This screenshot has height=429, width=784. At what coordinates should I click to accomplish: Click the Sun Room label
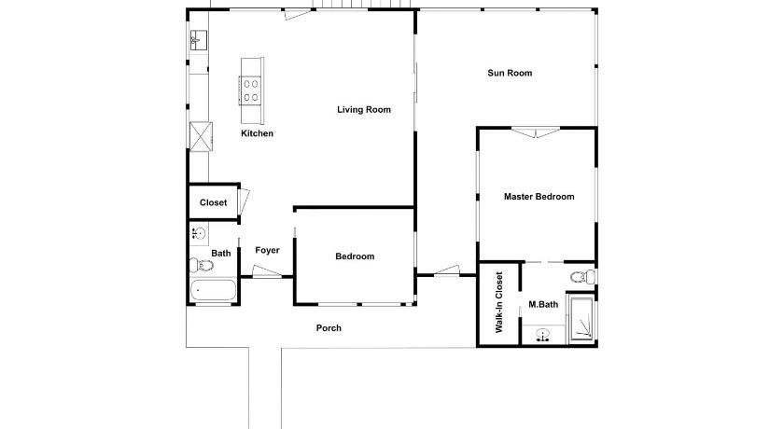pyautogui.click(x=510, y=73)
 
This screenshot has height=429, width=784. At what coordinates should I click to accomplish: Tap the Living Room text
pyautogui.click(x=363, y=110)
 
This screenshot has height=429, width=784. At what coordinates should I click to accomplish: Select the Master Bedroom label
pyautogui.click(x=539, y=197)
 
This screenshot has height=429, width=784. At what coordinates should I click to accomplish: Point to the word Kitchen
pyautogui.click(x=257, y=133)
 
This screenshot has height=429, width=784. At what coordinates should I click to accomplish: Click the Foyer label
pyautogui.click(x=267, y=250)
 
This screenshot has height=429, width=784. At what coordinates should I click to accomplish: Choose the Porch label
pyautogui.click(x=329, y=328)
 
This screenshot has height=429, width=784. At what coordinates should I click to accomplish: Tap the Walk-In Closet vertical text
pyautogui.click(x=499, y=302)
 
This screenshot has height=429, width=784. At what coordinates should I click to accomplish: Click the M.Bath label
pyautogui.click(x=543, y=304)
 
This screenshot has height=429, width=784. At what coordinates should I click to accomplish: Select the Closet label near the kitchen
pyautogui.click(x=213, y=202)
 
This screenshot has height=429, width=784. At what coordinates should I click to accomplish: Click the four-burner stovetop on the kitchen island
pyautogui.click(x=251, y=90)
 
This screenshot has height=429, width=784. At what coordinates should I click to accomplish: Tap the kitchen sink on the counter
pyautogui.click(x=199, y=40)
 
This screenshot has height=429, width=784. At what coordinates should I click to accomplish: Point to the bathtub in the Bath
pyautogui.click(x=213, y=290)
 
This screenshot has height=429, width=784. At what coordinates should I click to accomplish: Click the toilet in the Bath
pyautogui.click(x=201, y=265)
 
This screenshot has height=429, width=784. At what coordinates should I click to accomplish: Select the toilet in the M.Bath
pyautogui.click(x=583, y=277)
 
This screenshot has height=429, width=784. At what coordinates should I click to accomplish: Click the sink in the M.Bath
pyautogui.click(x=543, y=335)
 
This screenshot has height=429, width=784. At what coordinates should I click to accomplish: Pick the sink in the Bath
pyautogui.click(x=200, y=233)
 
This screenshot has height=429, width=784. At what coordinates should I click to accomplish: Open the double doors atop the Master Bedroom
pyautogui.click(x=536, y=132)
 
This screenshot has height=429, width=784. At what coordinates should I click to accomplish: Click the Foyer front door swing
pyautogui.click(x=267, y=271)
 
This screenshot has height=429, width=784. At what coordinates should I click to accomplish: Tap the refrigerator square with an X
pyautogui.click(x=201, y=137)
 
